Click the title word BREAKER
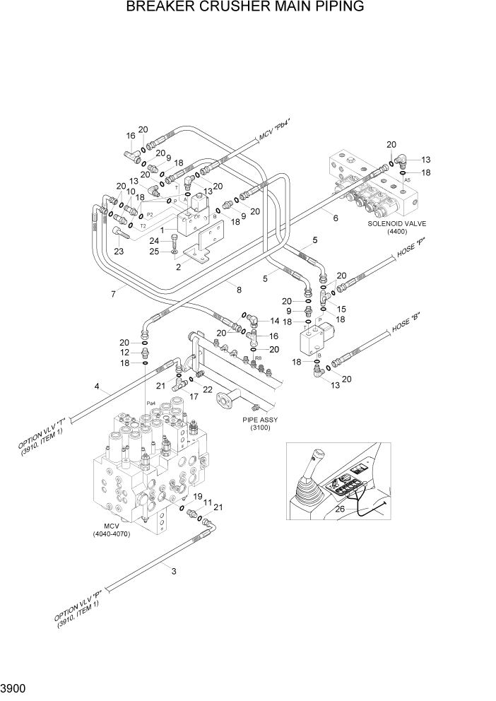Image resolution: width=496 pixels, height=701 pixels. [x=165, y=8]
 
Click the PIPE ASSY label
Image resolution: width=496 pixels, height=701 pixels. [x=261, y=420]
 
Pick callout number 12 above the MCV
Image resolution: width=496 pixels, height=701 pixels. [x=124, y=352]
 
